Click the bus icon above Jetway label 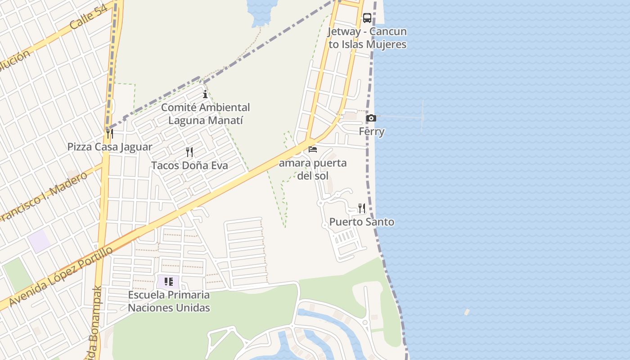pyautogui.click(x=367, y=18)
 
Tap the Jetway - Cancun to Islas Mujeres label pyautogui.click(x=367, y=38)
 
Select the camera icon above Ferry pyautogui.click(x=371, y=118)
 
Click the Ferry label pyautogui.click(x=372, y=132)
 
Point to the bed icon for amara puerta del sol pyautogui.click(x=313, y=149)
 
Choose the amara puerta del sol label pyautogui.click(x=313, y=169)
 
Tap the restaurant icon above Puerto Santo pyautogui.click(x=362, y=208)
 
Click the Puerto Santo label pyautogui.click(x=362, y=222)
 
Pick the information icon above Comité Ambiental pyautogui.click(x=205, y=94)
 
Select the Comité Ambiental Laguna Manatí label pyautogui.click(x=205, y=114)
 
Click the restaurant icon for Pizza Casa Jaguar pyautogui.click(x=109, y=133)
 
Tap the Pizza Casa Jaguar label pyautogui.click(x=110, y=147)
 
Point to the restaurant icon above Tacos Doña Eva pyautogui.click(x=189, y=152)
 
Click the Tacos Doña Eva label pyautogui.click(x=189, y=166)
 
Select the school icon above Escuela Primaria pyautogui.click(x=168, y=282)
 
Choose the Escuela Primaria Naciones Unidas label pyautogui.click(x=169, y=301)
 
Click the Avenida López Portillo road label pyautogui.click(x=61, y=276)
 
